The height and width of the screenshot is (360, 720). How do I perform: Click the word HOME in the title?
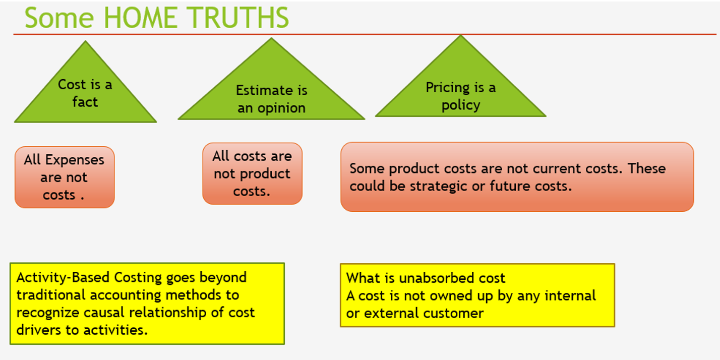pos(141,18)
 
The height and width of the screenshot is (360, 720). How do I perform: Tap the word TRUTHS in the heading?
pos(238,18)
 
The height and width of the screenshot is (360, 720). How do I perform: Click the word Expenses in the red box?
pos(75,160)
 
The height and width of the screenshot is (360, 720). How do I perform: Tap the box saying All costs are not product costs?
pos(252,173)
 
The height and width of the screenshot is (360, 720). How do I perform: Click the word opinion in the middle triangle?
pos(281,108)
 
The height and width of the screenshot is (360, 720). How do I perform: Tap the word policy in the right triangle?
pos(461,105)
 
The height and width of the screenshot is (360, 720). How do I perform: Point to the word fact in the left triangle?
pos(85,102)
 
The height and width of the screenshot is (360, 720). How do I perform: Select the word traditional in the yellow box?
pos(51,295)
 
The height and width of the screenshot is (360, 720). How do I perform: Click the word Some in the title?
pos(59,18)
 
